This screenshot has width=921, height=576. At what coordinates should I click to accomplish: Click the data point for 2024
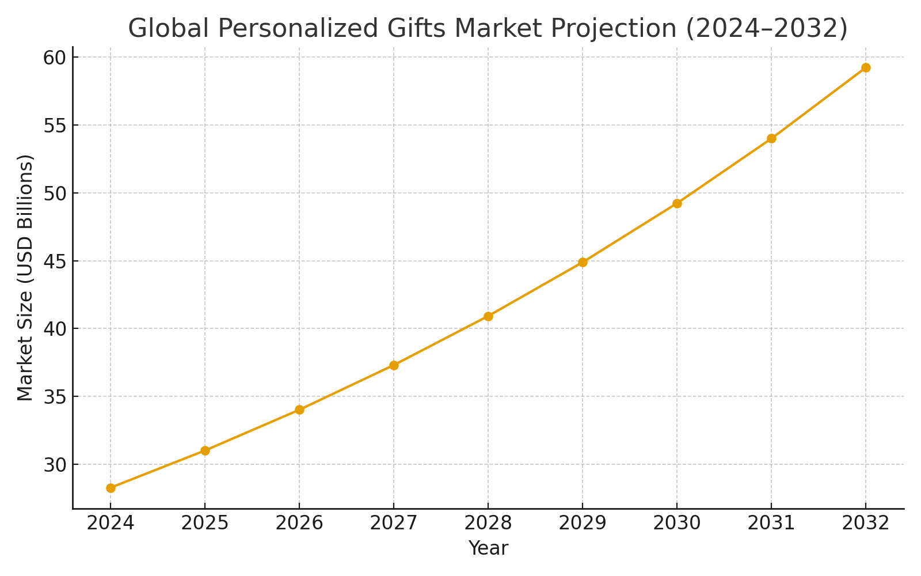click(x=111, y=488)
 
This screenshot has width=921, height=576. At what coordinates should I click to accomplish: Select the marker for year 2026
click(x=299, y=410)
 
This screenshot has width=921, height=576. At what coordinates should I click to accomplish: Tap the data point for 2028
click(x=488, y=316)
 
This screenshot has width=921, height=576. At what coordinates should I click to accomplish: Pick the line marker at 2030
click(x=677, y=203)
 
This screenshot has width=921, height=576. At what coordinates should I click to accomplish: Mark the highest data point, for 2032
click(x=866, y=67)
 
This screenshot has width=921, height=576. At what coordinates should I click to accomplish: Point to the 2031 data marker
click(x=771, y=138)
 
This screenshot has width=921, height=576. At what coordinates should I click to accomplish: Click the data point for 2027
click(x=394, y=365)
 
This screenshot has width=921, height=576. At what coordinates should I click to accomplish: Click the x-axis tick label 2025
click(x=205, y=523)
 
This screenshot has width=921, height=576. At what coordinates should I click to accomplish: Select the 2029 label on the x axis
click(x=583, y=523)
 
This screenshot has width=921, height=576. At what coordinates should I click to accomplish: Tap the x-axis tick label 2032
click(x=866, y=523)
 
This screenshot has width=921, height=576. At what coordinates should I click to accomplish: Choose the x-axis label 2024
click(x=111, y=523)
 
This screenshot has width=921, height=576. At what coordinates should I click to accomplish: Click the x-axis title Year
click(x=488, y=548)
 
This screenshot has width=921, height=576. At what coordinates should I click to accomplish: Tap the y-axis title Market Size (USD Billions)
click(x=25, y=278)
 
